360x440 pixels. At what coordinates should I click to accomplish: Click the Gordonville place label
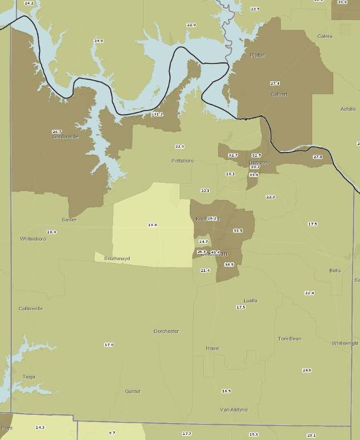(66, 136)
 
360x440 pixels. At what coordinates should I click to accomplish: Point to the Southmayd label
(116, 258)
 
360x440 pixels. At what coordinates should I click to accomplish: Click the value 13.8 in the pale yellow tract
(152, 224)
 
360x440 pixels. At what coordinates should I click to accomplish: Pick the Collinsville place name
(31, 308)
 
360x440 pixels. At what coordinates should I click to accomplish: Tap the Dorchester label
(166, 331)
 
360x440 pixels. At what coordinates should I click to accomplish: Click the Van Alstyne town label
(234, 409)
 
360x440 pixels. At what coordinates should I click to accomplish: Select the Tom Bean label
(289, 338)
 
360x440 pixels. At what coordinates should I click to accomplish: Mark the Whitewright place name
(345, 343)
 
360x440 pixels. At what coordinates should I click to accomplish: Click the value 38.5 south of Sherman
(229, 265)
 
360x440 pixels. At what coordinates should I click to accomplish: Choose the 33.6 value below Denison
(254, 174)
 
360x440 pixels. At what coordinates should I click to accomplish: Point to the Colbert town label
(279, 94)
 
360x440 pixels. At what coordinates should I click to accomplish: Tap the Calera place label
(324, 36)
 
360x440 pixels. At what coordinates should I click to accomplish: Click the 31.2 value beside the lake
(158, 114)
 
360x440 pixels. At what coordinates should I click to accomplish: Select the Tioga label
(29, 377)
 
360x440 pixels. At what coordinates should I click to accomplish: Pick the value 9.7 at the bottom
(112, 433)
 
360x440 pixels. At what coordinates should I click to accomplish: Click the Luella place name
(250, 300)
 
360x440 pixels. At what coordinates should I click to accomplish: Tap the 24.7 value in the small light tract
(203, 242)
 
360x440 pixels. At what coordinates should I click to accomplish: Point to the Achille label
(348, 109)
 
